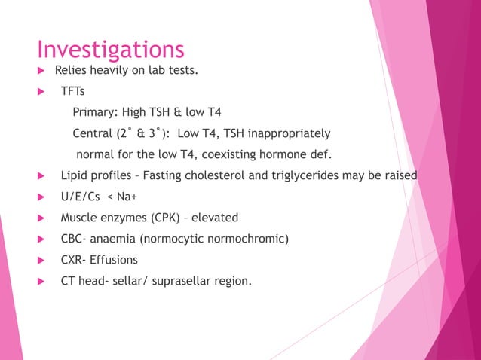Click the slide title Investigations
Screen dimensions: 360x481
111,50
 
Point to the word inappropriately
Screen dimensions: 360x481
287,134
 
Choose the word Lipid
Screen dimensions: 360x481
75,176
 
